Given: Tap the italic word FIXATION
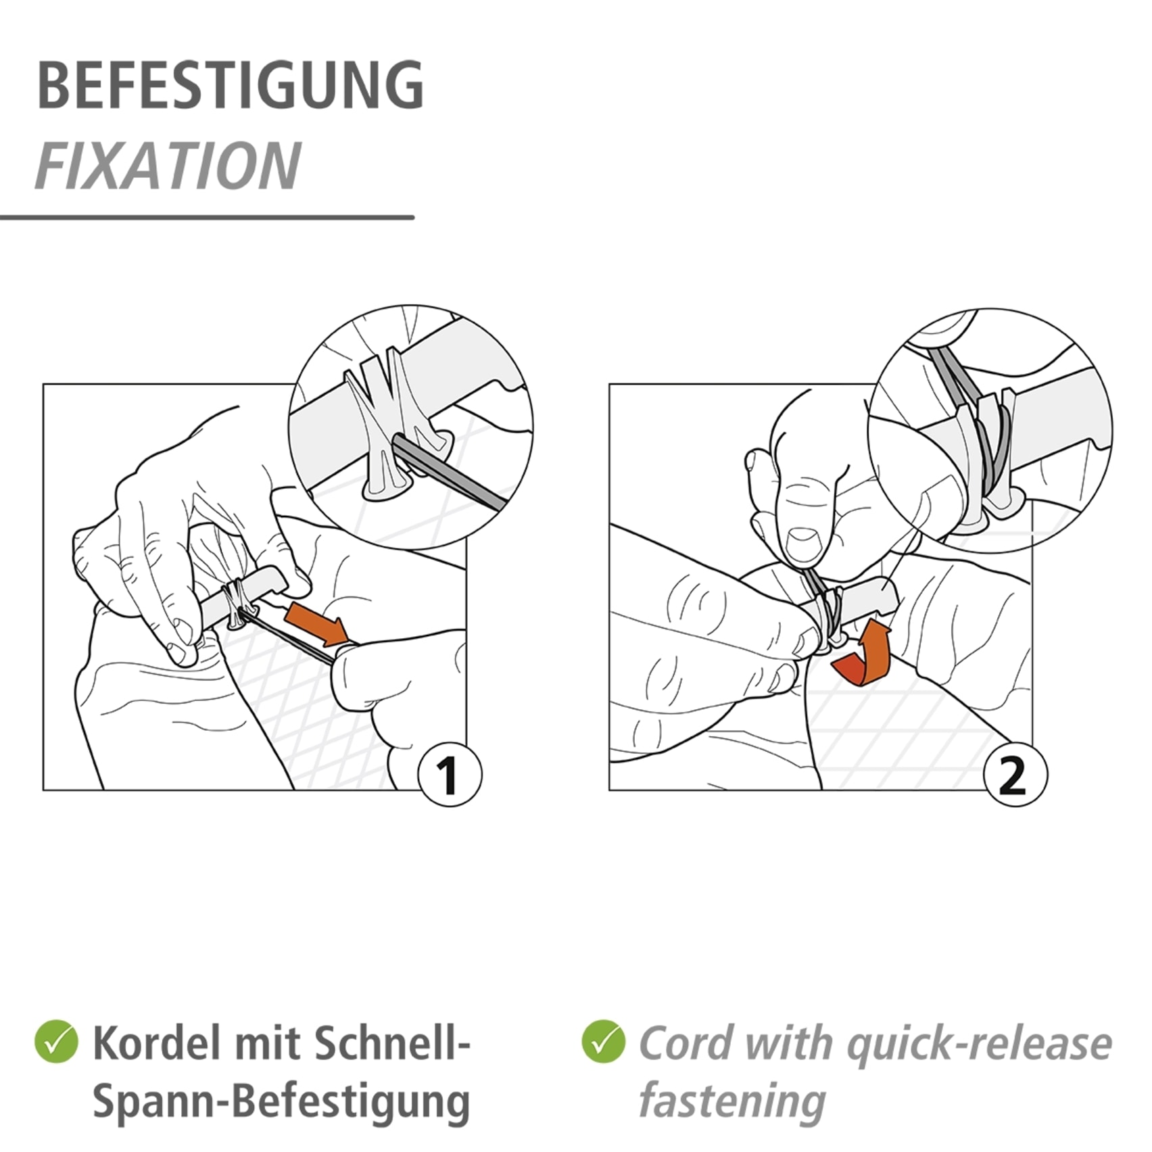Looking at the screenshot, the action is (168, 166).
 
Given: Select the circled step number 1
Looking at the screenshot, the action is (450, 775).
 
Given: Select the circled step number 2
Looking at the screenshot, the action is (1015, 775).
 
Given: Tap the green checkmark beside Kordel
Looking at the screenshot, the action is (56, 1042).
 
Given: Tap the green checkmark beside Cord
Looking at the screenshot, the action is (603, 1042).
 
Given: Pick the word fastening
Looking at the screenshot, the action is (732, 1103).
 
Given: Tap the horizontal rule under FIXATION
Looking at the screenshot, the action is (207, 217).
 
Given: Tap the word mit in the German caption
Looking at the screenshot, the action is (261, 1043).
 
